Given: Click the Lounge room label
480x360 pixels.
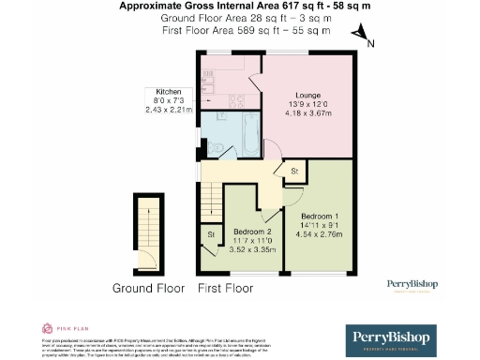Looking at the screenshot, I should coord(308,96).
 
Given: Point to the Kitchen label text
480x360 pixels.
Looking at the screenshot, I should coord(168,92).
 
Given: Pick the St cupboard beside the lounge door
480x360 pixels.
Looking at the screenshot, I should coord(292,172).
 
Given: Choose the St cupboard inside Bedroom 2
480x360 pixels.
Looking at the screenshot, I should coord(210,234).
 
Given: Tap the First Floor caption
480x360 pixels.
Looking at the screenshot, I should coord(225,288).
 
